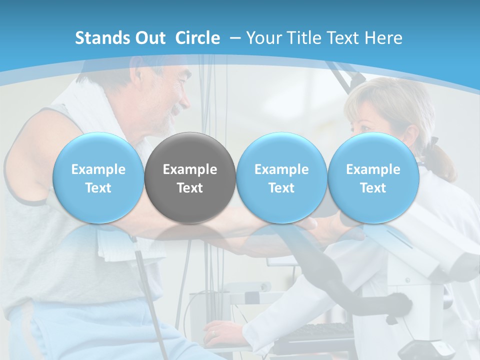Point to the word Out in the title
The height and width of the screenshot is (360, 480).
(x=149, y=38)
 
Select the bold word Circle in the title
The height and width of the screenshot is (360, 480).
(x=197, y=38)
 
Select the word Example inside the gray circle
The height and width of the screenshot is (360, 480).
(x=190, y=169)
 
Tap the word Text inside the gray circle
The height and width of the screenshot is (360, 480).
(x=190, y=188)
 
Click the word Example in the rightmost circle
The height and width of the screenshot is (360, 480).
(x=373, y=169)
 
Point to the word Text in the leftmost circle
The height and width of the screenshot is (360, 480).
(x=98, y=188)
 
